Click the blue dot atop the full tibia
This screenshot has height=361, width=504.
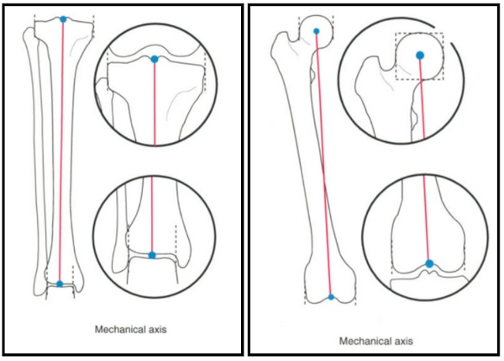pos(63,19)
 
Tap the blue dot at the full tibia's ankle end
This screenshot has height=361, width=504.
pos(60,284)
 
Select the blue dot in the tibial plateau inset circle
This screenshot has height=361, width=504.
pos(155,59)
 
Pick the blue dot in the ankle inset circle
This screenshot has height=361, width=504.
pos(152,255)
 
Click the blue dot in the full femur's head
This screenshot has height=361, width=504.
pos(317,31)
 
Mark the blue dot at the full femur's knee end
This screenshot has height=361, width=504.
pos(331,297)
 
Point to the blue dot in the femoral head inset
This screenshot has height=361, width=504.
pos(420,56)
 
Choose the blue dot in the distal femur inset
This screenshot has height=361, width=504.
pos(429,263)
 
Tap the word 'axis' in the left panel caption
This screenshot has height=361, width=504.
pos(158,329)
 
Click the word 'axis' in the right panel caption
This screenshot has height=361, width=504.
pos(403,341)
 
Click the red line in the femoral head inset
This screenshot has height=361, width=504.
pos(422,98)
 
